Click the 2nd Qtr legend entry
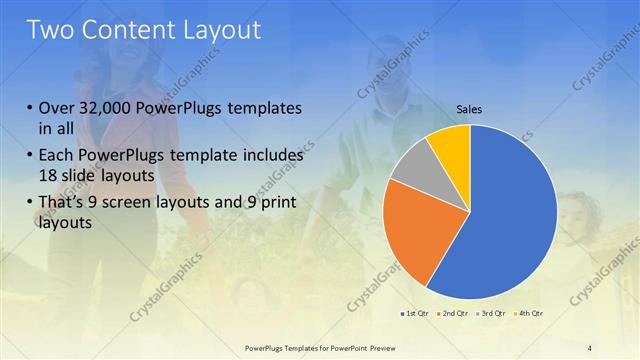[452, 314]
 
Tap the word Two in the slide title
[52, 30]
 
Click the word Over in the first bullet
[57, 108]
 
